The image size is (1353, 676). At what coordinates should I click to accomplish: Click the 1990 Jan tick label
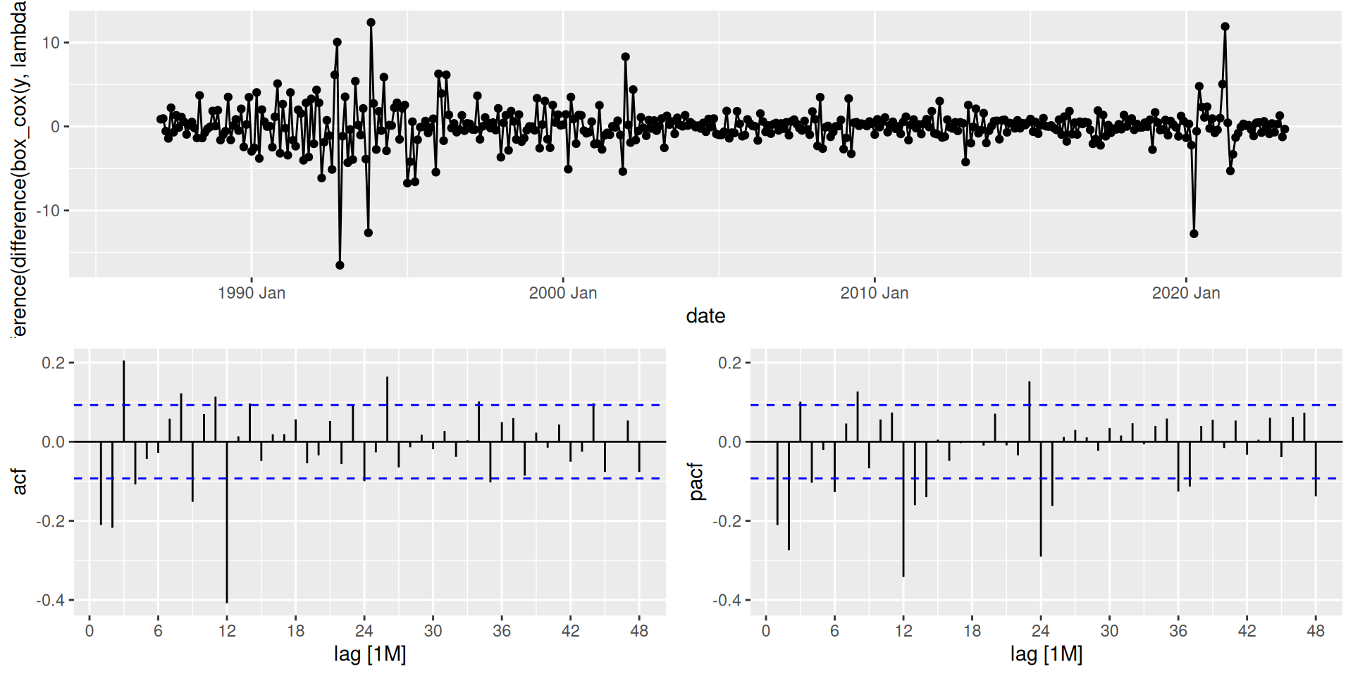click(252, 293)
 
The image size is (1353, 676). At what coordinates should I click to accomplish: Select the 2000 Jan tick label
click(562, 293)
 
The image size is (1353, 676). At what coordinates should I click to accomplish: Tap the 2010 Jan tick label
click(874, 293)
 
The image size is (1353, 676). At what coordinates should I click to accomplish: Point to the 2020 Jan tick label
click(1185, 293)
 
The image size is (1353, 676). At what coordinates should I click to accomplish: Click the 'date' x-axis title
click(705, 316)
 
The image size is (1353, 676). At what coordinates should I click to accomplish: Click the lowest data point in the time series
click(340, 265)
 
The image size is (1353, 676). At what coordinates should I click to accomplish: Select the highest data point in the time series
click(371, 23)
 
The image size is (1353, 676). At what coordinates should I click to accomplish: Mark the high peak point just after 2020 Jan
click(1225, 27)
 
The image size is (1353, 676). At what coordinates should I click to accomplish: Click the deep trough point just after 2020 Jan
click(1194, 234)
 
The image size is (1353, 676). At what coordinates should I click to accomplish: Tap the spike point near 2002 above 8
click(625, 57)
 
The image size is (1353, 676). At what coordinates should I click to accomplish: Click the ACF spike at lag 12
click(227, 521)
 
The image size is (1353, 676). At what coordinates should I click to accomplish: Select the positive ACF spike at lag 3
click(124, 401)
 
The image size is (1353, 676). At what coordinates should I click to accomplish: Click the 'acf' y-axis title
click(20, 481)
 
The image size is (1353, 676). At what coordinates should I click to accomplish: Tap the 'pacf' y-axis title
click(696, 481)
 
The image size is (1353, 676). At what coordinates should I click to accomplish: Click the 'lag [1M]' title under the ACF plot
click(370, 654)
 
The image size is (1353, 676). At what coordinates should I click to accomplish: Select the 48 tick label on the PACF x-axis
click(1316, 631)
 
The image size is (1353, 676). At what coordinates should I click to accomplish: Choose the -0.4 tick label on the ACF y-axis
click(51, 600)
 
